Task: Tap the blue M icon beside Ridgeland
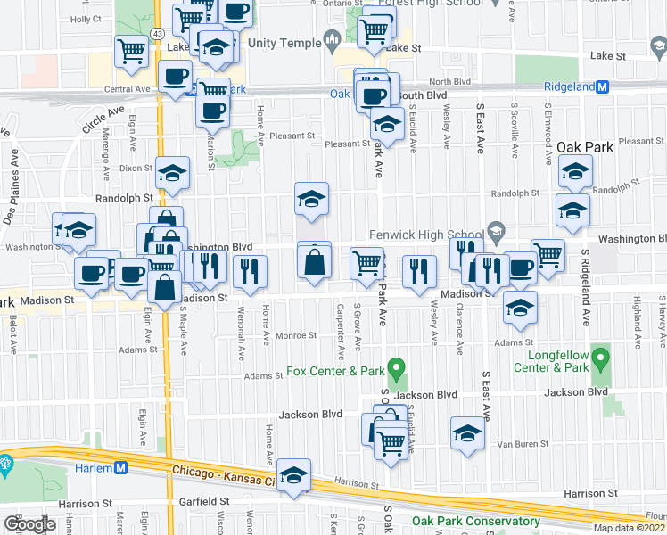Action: click(602, 87)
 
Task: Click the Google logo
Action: click(29, 524)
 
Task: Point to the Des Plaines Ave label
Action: click(11, 193)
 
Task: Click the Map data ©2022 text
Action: click(630, 528)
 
